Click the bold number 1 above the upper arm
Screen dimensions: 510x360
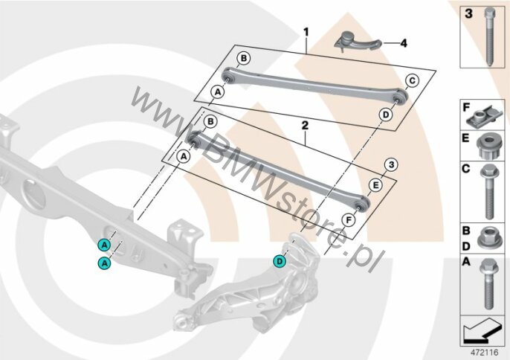pyautogui.click(x=306, y=33)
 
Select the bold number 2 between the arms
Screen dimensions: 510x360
pyautogui.click(x=305, y=126)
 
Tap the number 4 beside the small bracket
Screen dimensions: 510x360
pyautogui.click(x=403, y=43)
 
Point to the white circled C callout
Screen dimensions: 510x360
pyautogui.click(x=412, y=80)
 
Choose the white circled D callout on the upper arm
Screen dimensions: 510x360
pyautogui.click(x=386, y=115)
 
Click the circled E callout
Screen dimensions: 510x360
pyautogui.click(x=375, y=185)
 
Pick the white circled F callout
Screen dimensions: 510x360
pyautogui.click(x=349, y=221)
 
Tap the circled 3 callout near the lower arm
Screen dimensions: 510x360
pyautogui.click(x=391, y=164)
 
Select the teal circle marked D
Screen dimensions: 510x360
pyautogui.click(x=280, y=261)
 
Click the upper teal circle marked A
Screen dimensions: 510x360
pyautogui.click(x=104, y=245)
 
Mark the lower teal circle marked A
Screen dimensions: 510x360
pyautogui.click(x=104, y=263)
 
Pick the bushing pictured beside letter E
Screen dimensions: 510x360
pyautogui.click(x=488, y=147)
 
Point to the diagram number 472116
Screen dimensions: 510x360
pyautogui.click(x=485, y=353)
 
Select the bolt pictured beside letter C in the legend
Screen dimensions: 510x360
pyautogui.click(x=488, y=191)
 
